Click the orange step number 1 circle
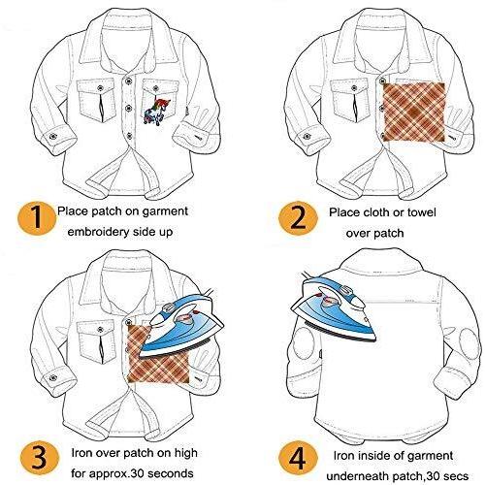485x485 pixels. pyautogui.click(x=37, y=218)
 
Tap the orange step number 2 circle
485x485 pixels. pyautogui.click(x=298, y=218)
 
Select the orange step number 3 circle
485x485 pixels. pyautogui.click(x=40, y=458)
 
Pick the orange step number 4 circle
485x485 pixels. pyautogui.click(x=298, y=460)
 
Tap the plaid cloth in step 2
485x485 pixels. pyautogui.click(x=414, y=113)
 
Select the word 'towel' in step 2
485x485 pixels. pyautogui.click(x=421, y=212)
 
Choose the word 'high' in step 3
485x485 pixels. pyautogui.click(x=185, y=453)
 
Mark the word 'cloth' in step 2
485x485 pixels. pyautogui.click(x=375, y=212)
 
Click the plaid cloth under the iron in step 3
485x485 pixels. pyautogui.click(x=158, y=356)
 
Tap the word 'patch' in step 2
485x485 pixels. pyautogui.click(x=389, y=234)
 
